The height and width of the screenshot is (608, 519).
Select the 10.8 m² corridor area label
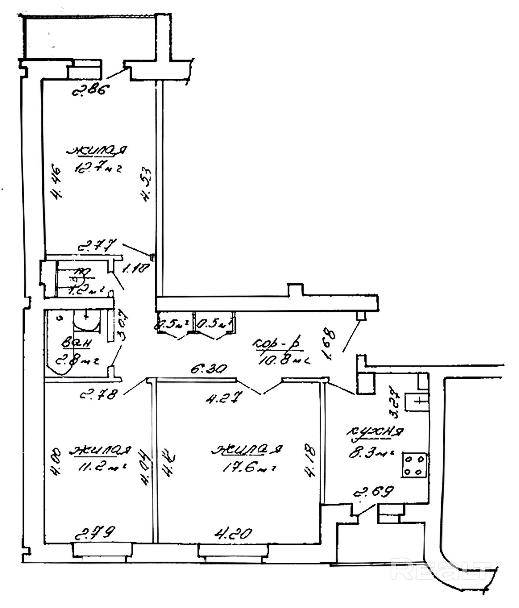[x=283, y=360]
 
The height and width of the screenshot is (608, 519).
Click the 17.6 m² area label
[x=249, y=468]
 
